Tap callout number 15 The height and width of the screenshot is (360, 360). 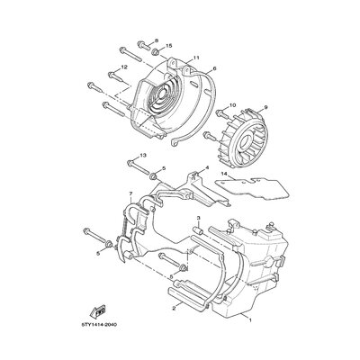click(x=168, y=46)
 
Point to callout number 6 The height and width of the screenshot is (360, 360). click(x=214, y=68)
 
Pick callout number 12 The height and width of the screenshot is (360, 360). click(x=124, y=67)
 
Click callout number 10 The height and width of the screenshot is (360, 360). click(x=233, y=105)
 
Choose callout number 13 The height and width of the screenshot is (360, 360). click(x=143, y=155)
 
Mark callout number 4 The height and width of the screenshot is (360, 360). click(x=207, y=167)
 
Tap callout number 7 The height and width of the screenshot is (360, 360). click(x=130, y=193)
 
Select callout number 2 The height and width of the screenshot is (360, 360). click(x=174, y=308)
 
